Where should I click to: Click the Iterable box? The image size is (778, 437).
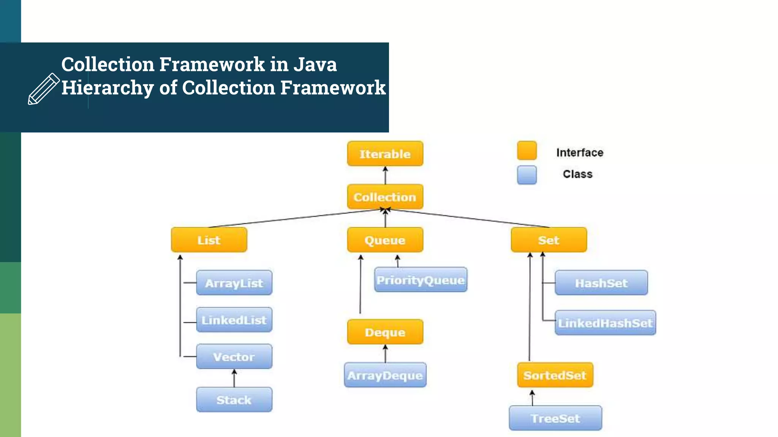[385, 154]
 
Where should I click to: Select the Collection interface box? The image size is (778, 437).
[385, 197]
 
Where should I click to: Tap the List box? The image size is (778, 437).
[209, 240]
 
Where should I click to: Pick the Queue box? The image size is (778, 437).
[385, 240]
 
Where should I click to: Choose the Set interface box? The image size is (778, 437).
[549, 240]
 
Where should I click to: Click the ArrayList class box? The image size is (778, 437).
[234, 283]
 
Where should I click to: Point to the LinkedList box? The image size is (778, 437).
[234, 320]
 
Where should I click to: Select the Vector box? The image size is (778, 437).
[234, 357]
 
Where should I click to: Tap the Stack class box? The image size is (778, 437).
[234, 399]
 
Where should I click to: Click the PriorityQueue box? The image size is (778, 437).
[421, 280]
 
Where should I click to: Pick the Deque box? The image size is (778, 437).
[385, 332]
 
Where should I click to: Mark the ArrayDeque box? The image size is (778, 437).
[385, 375]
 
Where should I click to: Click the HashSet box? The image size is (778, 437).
[601, 283]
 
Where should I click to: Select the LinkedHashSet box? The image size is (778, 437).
[605, 323]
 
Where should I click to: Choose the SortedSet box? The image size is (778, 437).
[555, 375]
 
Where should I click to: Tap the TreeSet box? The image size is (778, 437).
[555, 418]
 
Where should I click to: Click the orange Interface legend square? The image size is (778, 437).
[527, 151]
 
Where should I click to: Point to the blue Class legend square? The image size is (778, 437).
[527, 175]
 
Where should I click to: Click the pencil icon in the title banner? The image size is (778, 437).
[44, 89]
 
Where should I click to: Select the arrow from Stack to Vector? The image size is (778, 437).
[234, 378]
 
